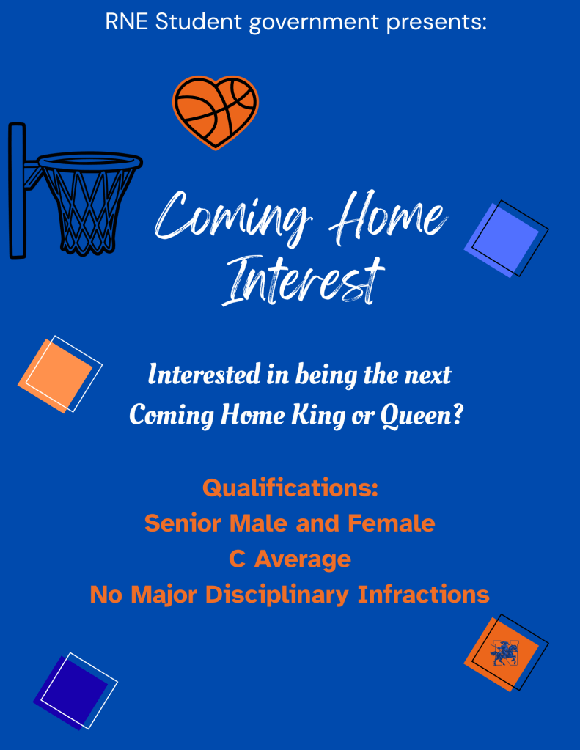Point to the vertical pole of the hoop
(17, 191)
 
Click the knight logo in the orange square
(504, 653)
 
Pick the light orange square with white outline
(55, 376)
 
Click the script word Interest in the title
(303, 281)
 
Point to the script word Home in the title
(388, 217)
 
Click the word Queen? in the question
(422, 415)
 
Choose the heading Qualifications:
(290, 488)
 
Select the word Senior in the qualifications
(183, 523)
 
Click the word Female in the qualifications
(391, 523)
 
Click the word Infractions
(424, 595)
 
